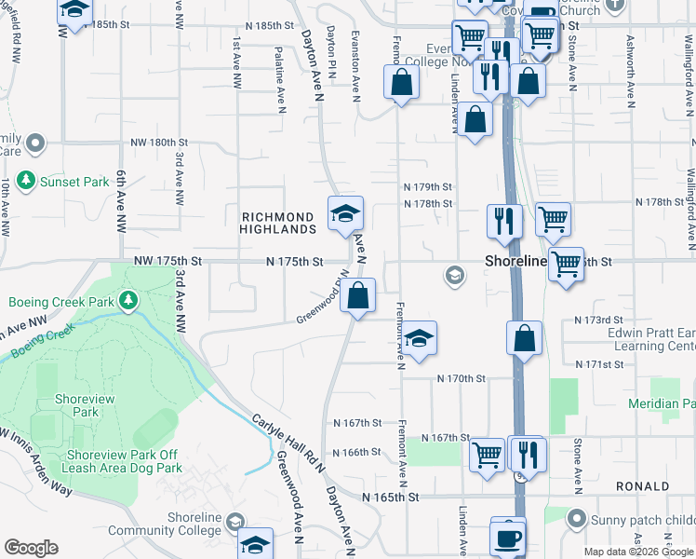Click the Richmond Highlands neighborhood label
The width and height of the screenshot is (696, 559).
278,223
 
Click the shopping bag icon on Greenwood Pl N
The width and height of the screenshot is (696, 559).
358,297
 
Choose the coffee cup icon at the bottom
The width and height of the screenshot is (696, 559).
508,539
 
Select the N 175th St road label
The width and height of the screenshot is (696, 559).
295,263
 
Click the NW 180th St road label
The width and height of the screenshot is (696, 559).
159,143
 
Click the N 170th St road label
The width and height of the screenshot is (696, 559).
462,378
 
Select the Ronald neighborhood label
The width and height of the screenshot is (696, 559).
642,486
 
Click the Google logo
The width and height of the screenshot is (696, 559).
31,548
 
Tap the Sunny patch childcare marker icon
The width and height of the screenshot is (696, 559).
578,519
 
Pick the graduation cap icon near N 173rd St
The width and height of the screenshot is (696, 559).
420,339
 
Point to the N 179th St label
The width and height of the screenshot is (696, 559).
427,186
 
